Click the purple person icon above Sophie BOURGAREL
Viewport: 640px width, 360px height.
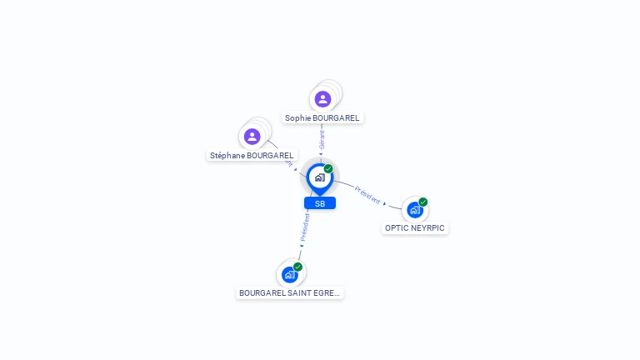(322, 99)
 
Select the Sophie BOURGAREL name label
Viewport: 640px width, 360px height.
(322, 118)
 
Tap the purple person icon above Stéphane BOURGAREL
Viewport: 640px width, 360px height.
(252, 136)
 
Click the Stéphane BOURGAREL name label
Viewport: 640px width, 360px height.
(252, 156)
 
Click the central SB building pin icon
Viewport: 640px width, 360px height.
(319, 177)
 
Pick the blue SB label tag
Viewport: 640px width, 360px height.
(320, 203)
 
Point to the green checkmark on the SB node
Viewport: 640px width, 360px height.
(328, 169)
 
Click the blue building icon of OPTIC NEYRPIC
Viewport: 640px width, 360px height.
(415, 210)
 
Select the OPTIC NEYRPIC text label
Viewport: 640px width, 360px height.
(415, 228)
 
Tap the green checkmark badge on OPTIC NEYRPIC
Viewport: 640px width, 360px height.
(423, 202)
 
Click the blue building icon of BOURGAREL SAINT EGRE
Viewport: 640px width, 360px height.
(289, 274)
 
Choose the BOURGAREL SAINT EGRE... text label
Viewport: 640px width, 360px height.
(289, 293)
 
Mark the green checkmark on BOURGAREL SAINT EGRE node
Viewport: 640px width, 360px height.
(298, 267)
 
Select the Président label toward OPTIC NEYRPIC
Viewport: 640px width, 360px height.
(367, 195)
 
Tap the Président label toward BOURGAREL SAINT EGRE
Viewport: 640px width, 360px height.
(306, 227)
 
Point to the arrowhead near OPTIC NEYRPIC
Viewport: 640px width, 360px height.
(385, 203)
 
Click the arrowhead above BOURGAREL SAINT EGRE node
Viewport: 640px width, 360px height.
(302, 246)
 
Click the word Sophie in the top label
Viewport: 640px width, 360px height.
(297, 118)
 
